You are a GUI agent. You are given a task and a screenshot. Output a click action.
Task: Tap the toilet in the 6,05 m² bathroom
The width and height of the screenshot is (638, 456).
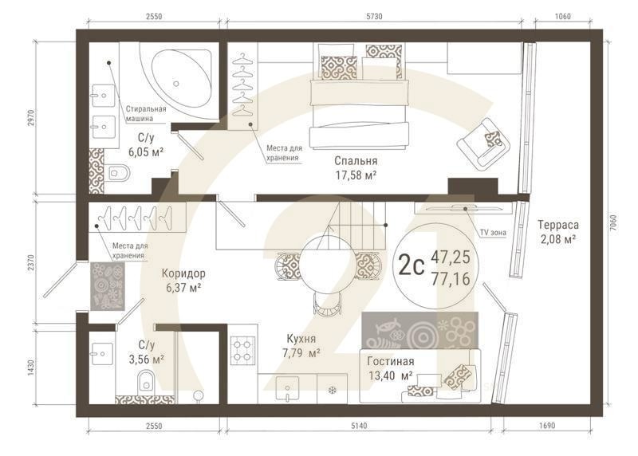[x=118, y=171]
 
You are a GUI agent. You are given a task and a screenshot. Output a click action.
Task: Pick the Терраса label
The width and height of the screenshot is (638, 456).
[x=557, y=224]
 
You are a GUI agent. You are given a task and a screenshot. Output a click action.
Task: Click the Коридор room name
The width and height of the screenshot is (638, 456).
[x=183, y=272]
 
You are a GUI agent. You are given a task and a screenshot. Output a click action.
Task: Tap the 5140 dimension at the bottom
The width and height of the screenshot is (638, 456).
[x=359, y=427]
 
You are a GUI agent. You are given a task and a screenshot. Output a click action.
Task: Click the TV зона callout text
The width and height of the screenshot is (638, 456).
[x=494, y=232]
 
